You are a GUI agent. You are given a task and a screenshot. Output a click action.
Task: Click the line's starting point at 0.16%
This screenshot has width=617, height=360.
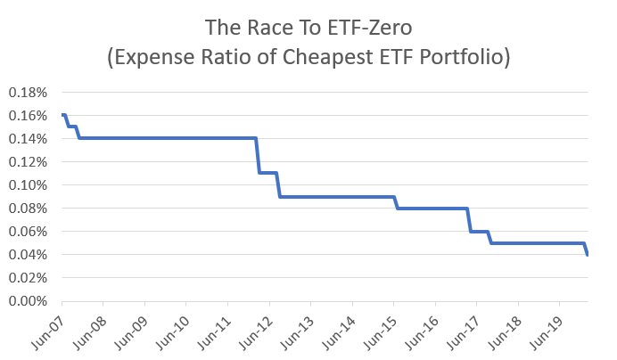pos(62,115)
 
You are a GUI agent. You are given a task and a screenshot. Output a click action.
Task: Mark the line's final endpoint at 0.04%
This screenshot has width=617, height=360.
pos(588,255)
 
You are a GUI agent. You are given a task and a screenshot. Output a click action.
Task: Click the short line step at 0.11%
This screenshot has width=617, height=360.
pos(268,173)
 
